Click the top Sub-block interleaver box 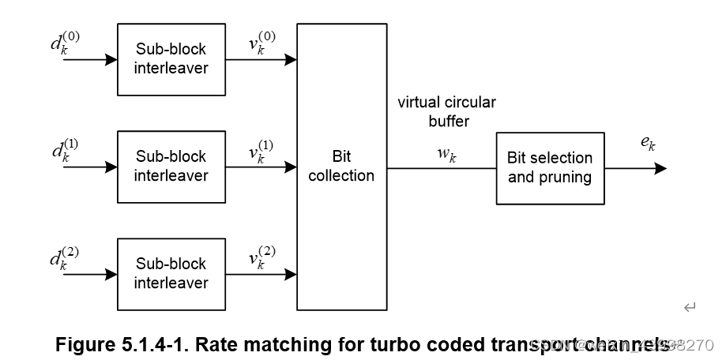pyautogui.click(x=171, y=58)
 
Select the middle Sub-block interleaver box pyautogui.click(x=171, y=166)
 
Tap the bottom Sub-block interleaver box pyautogui.click(x=171, y=273)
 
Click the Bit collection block pyautogui.click(x=341, y=166)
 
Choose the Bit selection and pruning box pyautogui.click(x=550, y=167)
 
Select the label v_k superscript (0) pyautogui.click(x=261, y=43)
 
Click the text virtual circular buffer pyautogui.click(x=447, y=111)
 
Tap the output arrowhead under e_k pyautogui.click(x=660, y=168)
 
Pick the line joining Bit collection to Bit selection pyautogui.click(x=441, y=168)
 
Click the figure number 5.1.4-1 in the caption pyautogui.click(x=151, y=344)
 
